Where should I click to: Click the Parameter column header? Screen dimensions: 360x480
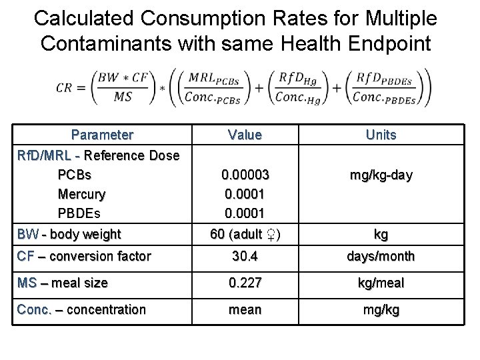(102, 135)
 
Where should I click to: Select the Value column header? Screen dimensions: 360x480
(245, 135)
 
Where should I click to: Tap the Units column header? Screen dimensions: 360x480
(381, 135)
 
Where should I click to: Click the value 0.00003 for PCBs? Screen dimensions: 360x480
(245, 175)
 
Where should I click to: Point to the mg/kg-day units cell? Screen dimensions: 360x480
(381, 175)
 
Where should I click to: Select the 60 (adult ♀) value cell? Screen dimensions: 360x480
(245, 234)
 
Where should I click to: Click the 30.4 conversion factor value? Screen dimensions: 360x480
(245, 256)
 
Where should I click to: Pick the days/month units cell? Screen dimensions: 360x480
(381, 256)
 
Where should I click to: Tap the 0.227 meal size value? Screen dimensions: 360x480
(245, 283)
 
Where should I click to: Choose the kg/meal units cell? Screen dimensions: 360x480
(381, 283)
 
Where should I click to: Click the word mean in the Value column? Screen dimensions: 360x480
(245, 309)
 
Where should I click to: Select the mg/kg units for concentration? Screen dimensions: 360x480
(381, 309)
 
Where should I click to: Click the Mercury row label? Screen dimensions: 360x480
(82, 195)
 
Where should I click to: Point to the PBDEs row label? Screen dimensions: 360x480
(79, 214)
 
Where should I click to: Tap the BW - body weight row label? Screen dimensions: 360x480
(69, 234)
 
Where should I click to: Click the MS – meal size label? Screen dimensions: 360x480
(62, 283)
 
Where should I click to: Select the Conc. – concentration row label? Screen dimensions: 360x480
(81, 309)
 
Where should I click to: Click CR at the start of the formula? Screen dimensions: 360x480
(65, 87)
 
